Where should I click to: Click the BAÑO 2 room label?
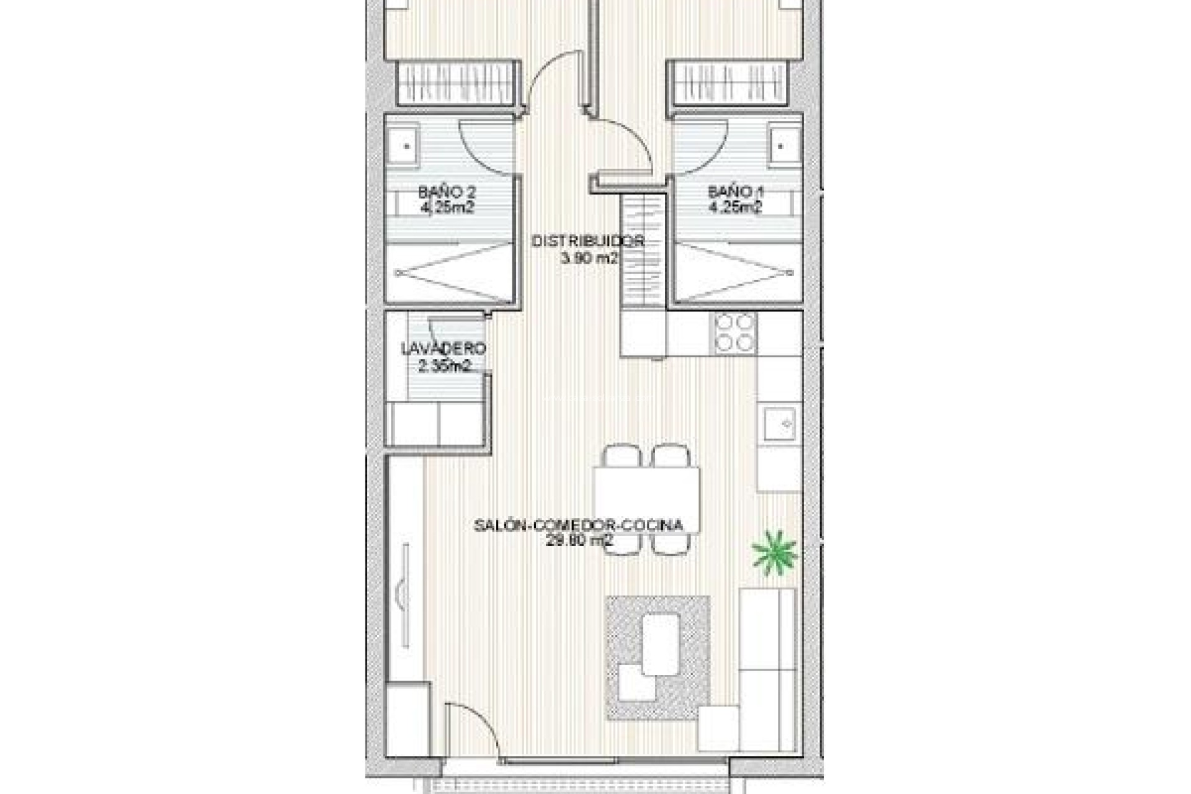pos(447,192)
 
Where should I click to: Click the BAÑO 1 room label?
pos(736,192)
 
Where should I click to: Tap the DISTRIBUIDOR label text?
pos(588,241)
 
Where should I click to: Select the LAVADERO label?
pos(444,349)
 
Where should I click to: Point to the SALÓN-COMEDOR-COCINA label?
pos(579,525)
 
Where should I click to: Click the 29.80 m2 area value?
pos(579,540)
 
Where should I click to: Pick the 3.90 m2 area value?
pos(589,259)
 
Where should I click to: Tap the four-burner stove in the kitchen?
pos(736,332)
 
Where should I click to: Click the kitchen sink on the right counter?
pos(780,424)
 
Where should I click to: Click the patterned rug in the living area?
pos(658,658)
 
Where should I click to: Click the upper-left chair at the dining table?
pos(622,456)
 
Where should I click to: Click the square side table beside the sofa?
pos(718,728)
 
